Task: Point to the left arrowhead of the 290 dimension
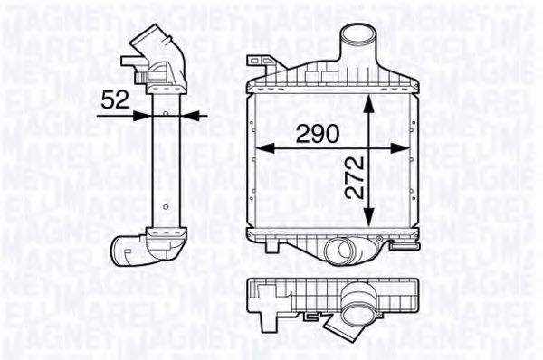point(258,147)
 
